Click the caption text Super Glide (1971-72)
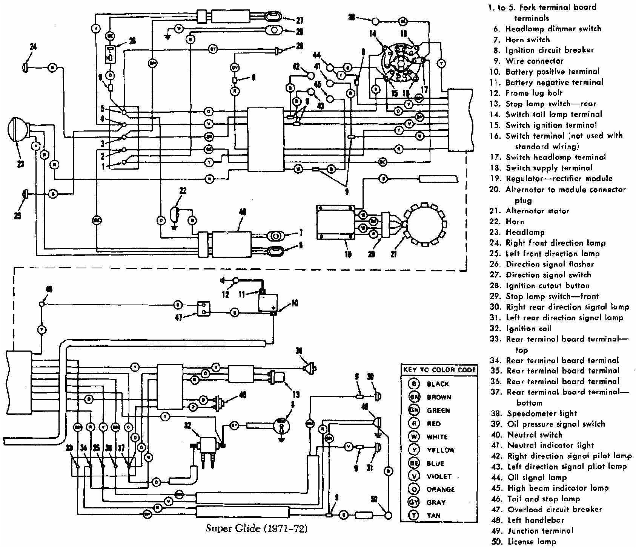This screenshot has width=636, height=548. [256, 529]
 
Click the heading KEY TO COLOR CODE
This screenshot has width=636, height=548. [439, 370]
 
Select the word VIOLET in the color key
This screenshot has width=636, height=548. [439, 476]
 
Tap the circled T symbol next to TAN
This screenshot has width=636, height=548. [414, 516]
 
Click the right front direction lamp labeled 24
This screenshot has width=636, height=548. [26, 67]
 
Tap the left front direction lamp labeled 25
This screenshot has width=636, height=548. [26, 194]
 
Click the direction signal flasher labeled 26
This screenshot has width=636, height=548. [110, 55]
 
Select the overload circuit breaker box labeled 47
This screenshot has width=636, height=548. [204, 309]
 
